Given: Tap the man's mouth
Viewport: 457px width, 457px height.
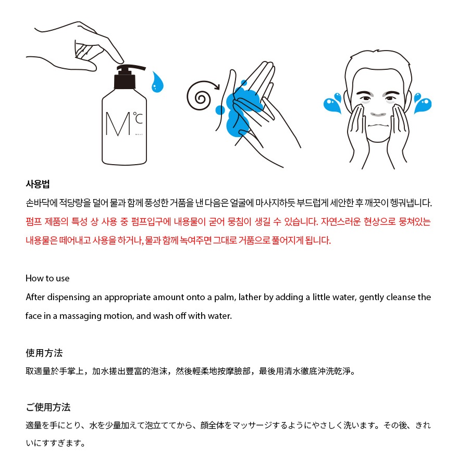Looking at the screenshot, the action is coord(378,126).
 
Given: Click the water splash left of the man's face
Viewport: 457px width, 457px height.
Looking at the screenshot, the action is coord(333,103).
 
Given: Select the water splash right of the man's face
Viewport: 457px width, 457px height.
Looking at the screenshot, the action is coord(423,103).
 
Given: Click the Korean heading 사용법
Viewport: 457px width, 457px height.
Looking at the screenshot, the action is coord(38,184).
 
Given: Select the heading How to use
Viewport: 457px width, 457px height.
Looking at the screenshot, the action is coord(47,278).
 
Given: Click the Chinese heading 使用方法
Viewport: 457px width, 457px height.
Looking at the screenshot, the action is coord(44,353).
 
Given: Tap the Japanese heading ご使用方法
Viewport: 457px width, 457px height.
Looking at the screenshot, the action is coord(48,407).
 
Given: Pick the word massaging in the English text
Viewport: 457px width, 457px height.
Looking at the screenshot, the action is coord(80,316).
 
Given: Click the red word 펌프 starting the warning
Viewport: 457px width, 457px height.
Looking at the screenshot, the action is coord(33,222).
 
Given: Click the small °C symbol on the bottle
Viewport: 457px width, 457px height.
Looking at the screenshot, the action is coord(138,118).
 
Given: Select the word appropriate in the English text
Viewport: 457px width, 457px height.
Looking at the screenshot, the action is coord(128,298).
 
